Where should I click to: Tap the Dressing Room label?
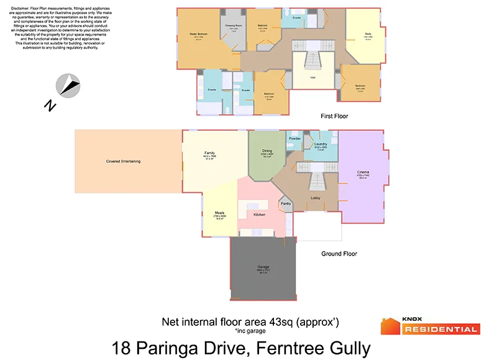pyautogui.click(x=233, y=27)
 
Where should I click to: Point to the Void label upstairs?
pyautogui.click(x=313, y=78)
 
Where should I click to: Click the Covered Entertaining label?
pyautogui.click(x=123, y=162)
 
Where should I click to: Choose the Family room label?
pyautogui.click(x=209, y=152)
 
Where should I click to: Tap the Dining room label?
pyautogui.click(x=267, y=150)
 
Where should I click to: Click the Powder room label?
pyautogui.click(x=294, y=138)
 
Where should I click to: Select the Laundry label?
pyautogui.click(x=321, y=144)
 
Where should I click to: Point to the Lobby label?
pyautogui.click(x=316, y=198)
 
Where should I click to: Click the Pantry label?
pyautogui.click(x=286, y=203)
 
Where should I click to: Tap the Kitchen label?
pyautogui.click(x=259, y=215)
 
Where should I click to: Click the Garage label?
pyautogui.click(x=263, y=267)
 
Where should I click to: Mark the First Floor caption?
pyautogui.click(x=334, y=116)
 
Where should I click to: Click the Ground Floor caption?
pyautogui.click(x=339, y=254)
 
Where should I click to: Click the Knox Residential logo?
pyautogui.click(x=430, y=326)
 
